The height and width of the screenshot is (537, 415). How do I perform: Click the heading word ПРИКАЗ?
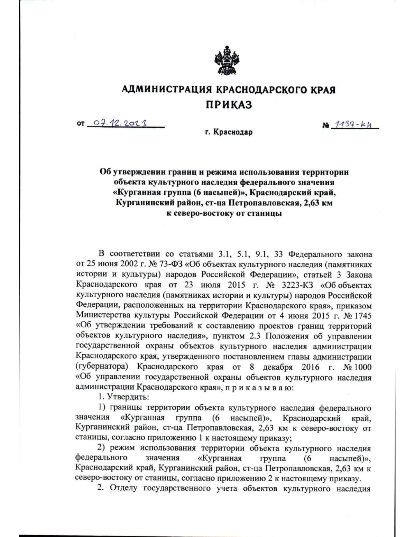[229, 104]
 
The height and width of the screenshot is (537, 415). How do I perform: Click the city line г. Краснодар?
[229, 132]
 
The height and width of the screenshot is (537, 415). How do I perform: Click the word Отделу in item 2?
[124, 489]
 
